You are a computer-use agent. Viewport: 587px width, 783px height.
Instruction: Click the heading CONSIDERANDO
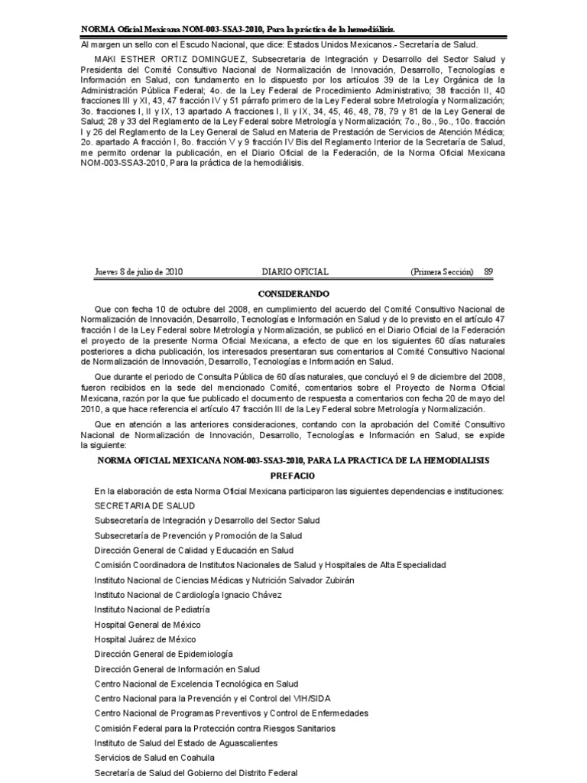[293, 293]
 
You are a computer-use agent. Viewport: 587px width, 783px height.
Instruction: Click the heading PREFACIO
[293, 475]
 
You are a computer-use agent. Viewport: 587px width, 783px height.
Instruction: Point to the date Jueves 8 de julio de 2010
[138, 271]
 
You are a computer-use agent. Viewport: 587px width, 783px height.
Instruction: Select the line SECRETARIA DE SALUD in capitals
[144, 505]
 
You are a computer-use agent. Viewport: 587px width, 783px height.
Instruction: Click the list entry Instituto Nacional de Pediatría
[152, 609]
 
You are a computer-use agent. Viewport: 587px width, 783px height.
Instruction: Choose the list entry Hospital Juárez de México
[144, 639]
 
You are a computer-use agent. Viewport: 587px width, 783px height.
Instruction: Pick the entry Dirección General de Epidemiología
[164, 654]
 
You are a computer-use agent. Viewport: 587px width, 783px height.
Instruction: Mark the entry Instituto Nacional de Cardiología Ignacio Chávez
[188, 595]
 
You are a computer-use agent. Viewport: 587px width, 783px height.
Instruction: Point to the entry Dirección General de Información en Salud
[177, 669]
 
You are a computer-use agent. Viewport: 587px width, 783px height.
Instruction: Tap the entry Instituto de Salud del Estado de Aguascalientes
[186, 742]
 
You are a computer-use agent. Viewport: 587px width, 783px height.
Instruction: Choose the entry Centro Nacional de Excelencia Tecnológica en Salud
[196, 684]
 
